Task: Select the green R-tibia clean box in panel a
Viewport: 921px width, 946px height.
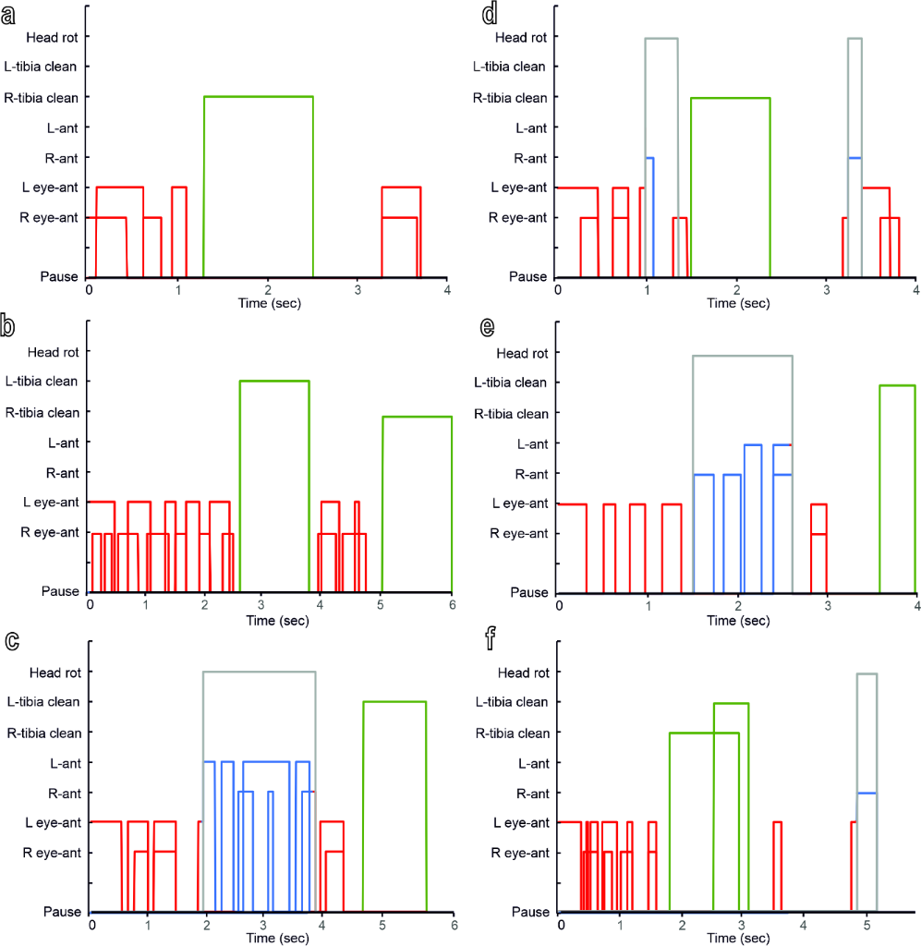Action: click(x=259, y=185)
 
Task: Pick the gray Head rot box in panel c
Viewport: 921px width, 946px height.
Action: click(x=259, y=673)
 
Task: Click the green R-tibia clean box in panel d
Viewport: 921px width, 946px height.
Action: click(x=730, y=185)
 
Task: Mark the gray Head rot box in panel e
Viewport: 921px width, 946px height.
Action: click(x=742, y=357)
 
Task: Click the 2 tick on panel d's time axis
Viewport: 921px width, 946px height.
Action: click(x=735, y=289)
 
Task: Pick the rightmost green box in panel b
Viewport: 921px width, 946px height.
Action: click(x=417, y=503)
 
